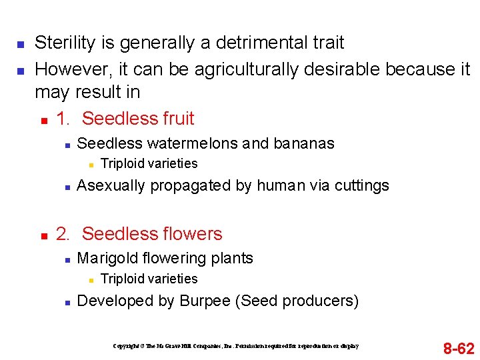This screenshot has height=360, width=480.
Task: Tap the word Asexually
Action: tap(111, 185)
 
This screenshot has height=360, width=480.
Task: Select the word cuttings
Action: tap(359, 185)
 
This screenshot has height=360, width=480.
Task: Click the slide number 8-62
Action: tap(459, 348)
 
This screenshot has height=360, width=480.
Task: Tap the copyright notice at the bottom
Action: tap(236, 346)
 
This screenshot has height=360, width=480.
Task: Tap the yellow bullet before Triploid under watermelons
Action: tap(89, 164)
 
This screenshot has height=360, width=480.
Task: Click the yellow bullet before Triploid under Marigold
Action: tap(89, 279)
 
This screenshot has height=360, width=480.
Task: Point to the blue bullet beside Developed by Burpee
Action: tap(66, 302)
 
